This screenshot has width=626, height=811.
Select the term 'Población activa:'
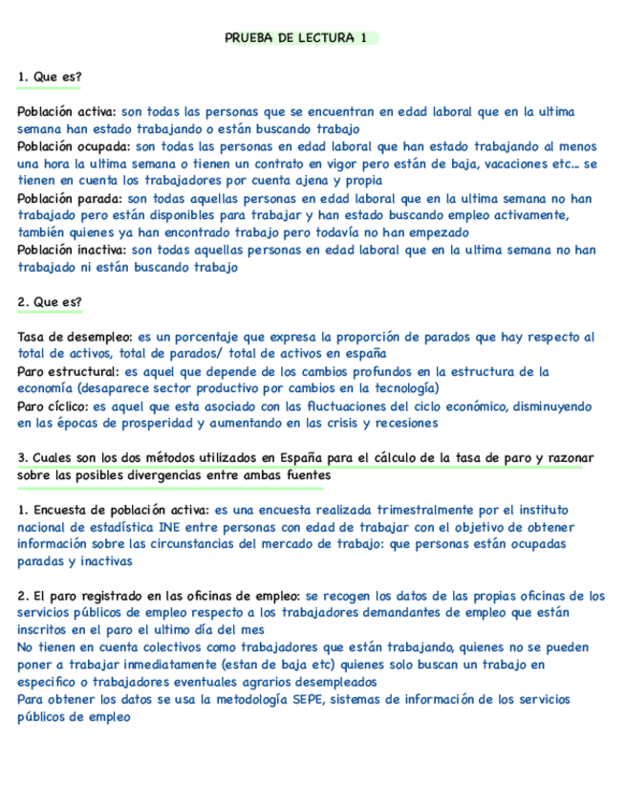67,112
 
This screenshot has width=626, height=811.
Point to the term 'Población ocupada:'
74,147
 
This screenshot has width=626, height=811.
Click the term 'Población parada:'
70,199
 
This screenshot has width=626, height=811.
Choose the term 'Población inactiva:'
72,251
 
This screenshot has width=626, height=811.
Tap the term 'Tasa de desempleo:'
76,337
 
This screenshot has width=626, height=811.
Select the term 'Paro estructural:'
69,371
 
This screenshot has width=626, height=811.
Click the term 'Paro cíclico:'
54,405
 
